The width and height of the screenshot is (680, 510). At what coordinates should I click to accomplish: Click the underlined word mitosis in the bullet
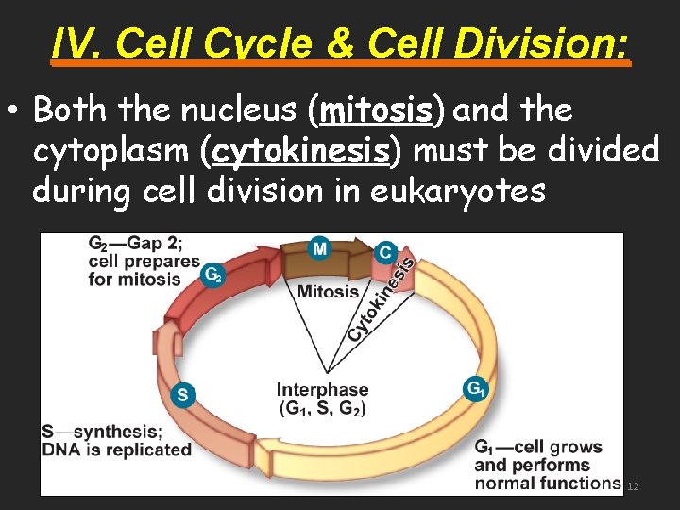click(376, 110)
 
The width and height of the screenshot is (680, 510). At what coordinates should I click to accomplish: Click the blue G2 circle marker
click(213, 274)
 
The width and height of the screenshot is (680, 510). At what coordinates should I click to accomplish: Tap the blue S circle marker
click(183, 395)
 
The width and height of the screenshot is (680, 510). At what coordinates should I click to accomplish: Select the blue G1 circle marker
click(476, 388)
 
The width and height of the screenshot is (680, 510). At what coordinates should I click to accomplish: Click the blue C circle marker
click(384, 252)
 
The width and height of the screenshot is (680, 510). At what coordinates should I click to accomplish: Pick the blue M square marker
click(320, 248)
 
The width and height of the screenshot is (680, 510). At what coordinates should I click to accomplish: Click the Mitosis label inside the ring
click(328, 292)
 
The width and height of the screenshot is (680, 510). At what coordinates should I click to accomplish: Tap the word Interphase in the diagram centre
click(322, 389)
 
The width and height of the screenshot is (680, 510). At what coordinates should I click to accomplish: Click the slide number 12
click(633, 486)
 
